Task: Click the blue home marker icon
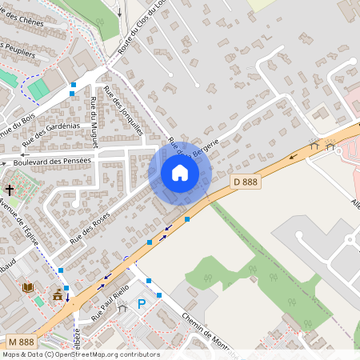pos(180,173)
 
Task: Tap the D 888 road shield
pos(246,182)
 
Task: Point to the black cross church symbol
pos(9,190)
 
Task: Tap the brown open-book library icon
pos(28,286)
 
